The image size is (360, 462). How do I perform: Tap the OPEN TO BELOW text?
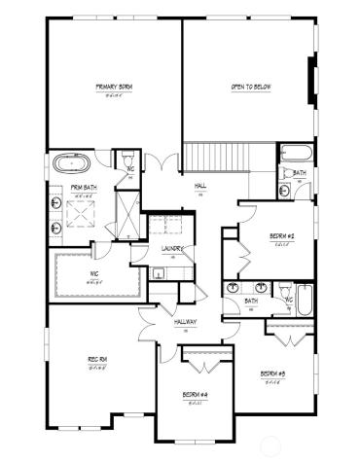(249, 88)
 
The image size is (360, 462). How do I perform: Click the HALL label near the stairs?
(200, 185)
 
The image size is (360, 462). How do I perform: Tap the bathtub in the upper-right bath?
(295, 154)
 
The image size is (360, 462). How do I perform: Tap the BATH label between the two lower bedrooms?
(251, 302)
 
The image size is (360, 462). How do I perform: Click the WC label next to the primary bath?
(128, 168)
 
